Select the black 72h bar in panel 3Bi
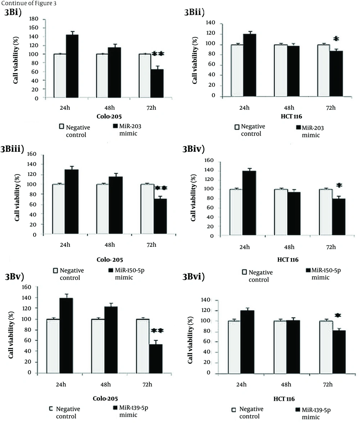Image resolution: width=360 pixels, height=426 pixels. (x=157, y=83)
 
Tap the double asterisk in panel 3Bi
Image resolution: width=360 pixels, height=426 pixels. (x=158, y=54)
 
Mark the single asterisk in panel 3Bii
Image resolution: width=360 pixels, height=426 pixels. (x=336, y=39)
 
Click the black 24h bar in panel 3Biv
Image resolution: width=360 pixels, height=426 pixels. (x=249, y=203)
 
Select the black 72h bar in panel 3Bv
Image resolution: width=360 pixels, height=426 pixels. (x=156, y=358)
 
